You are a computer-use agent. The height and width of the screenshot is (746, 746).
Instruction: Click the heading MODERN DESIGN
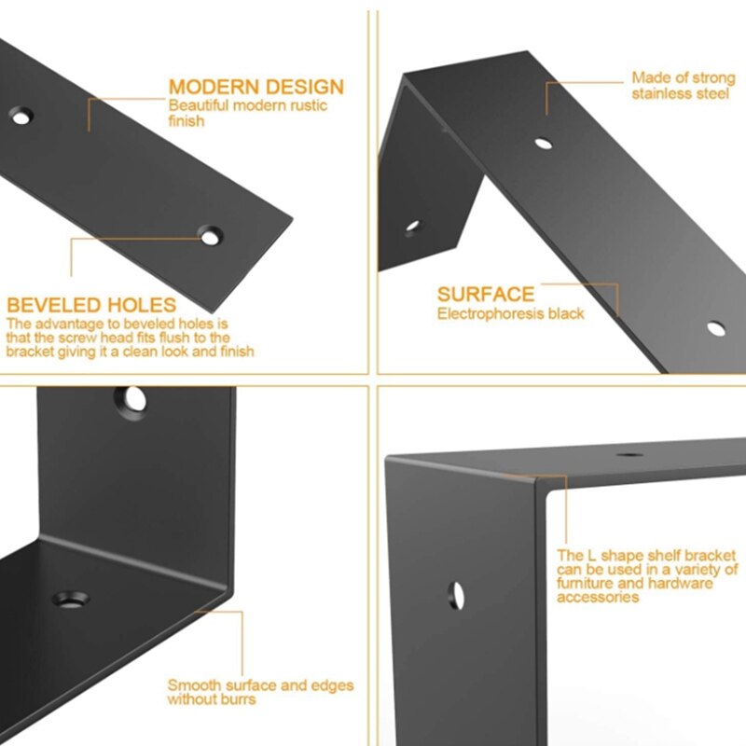256,87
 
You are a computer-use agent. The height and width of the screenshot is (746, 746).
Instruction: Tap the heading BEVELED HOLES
91,305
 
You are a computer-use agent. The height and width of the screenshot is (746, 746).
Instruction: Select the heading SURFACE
486,294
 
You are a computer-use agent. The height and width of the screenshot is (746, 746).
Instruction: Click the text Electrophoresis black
510,313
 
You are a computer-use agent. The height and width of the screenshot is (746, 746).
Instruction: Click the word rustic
310,105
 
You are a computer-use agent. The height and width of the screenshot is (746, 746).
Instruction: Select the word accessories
598,597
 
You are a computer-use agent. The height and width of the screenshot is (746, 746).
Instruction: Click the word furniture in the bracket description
587,584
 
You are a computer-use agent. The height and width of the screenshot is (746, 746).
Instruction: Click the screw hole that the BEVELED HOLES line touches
210,236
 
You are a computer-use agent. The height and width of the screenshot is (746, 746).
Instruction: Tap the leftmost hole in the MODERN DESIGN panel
21,116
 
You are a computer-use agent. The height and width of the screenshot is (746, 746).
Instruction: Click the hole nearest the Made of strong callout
544,144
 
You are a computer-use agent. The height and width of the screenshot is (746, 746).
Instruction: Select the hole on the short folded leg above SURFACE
412,227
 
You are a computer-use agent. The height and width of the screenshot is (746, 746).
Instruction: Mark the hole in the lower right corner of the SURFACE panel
716,329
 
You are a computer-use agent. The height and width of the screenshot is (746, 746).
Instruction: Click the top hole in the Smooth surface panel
131,401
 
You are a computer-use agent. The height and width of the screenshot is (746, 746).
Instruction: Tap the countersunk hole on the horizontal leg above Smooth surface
71,600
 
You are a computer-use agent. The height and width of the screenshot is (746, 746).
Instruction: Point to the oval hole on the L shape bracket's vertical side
456,596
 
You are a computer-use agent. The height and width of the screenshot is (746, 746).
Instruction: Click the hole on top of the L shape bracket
629,455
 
